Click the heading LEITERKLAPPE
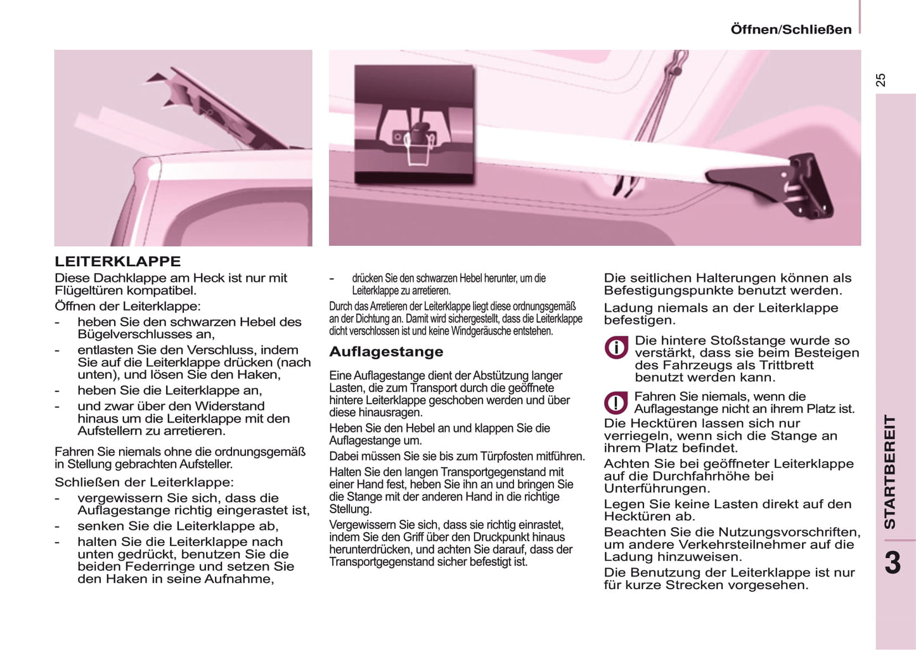pyautogui.click(x=117, y=262)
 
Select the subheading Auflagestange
pyautogui.click(x=386, y=352)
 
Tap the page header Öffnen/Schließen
pyautogui.click(x=790, y=30)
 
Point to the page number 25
pyautogui.click(x=881, y=80)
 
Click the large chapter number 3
pyautogui.click(x=893, y=563)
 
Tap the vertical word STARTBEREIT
pyautogui.click(x=891, y=472)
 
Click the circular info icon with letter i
pyautogui.click(x=616, y=348)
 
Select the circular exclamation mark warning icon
pyautogui.click(x=616, y=403)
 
